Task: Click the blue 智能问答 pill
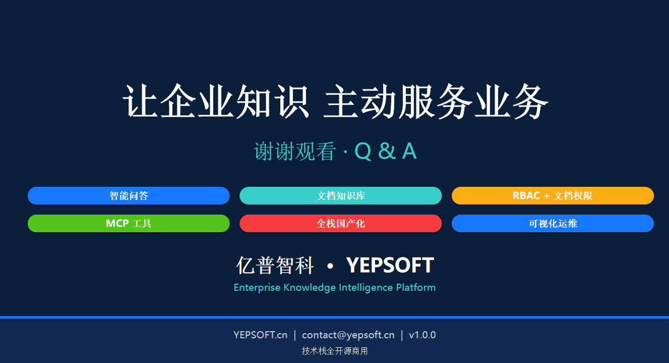(x=129, y=195)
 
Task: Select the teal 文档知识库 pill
(x=340, y=195)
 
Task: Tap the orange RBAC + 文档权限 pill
(x=553, y=195)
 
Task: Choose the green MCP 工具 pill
(x=129, y=223)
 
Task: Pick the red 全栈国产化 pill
(x=340, y=223)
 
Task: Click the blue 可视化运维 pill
(x=553, y=223)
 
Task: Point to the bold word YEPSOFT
(x=390, y=265)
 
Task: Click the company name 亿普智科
(x=275, y=266)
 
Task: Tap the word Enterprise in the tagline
(x=257, y=288)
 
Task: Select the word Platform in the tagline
(x=416, y=288)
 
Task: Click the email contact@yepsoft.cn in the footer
(x=348, y=335)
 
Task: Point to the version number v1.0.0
(x=422, y=335)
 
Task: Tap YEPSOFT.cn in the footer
(x=261, y=335)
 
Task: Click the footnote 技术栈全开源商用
(x=335, y=351)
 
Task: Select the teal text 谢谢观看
(x=295, y=151)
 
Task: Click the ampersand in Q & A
(x=387, y=151)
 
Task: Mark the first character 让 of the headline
(x=140, y=101)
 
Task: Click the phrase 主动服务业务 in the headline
(x=436, y=101)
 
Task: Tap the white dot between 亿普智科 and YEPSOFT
(x=330, y=266)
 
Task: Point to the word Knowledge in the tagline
(x=310, y=288)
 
